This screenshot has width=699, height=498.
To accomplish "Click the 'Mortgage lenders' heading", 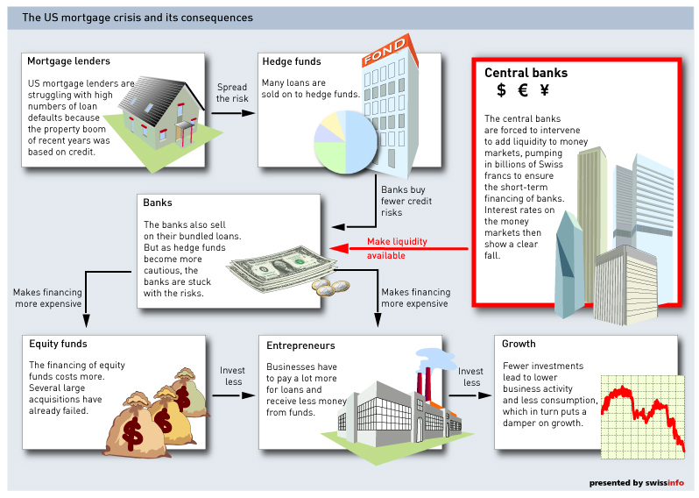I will [x=68, y=61].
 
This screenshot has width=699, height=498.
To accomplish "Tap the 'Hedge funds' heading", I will [x=292, y=61].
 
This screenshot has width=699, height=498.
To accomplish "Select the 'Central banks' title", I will [x=526, y=73].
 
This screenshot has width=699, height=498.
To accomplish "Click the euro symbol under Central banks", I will [x=523, y=89].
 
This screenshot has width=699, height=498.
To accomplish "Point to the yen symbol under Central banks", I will [x=544, y=89].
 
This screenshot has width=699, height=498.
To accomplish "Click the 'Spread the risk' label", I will [x=232, y=93].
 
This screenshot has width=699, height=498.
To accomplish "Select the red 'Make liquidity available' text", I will [x=398, y=248].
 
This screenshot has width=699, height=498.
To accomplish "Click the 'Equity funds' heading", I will [x=58, y=344].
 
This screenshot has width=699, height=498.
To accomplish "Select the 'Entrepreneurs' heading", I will [x=300, y=346].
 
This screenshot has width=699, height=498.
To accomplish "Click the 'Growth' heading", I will [x=519, y=344].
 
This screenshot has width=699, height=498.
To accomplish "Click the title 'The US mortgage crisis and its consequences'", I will [x=138, y=18].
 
